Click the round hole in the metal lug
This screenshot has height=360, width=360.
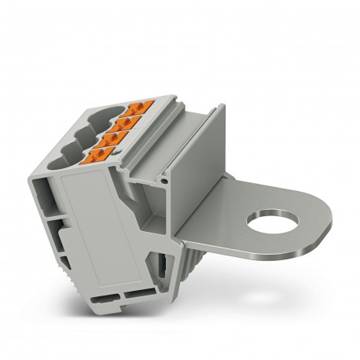(272, 220)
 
